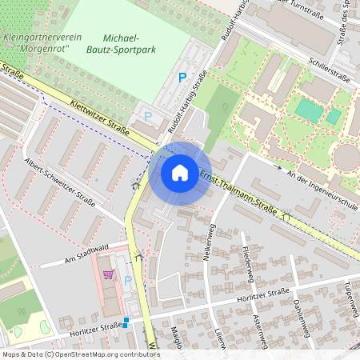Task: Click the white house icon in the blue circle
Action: coord(180,172)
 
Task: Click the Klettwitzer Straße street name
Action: coord(100,116)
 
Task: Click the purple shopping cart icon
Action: coord(108,274)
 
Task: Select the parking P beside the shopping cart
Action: coord(127,281)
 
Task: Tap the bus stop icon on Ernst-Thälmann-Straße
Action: coord(285,216)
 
